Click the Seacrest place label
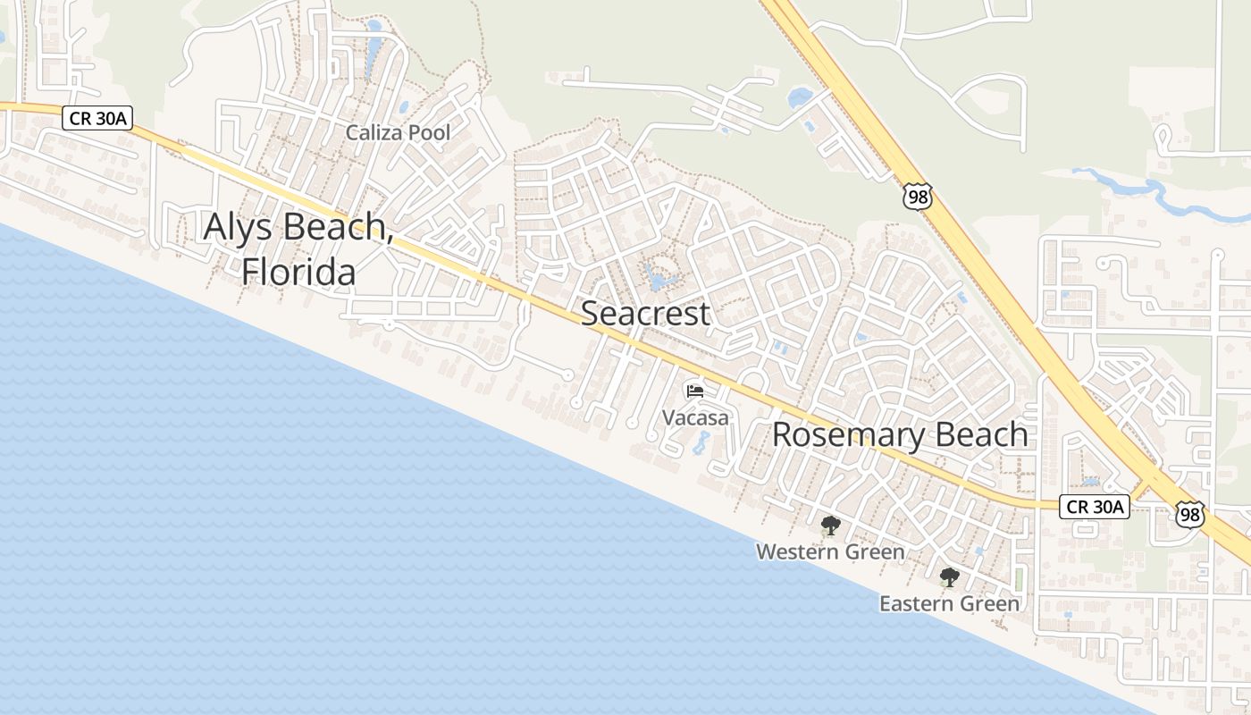click(x=645, y=314)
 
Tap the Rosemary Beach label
click(x=900, y=435)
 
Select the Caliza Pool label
click(x=398, y=133)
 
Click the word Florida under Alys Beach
click(x=298, y=272)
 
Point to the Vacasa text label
click(x=695, y=417)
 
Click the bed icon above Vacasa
click(x=694, y=391)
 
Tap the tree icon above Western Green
click(x=830, y=526)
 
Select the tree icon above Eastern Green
click(x=949, y=577)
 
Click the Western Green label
click(x=830, y=552)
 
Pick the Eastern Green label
click(x=949, y=604)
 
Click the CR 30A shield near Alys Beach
click(x=98, y=118)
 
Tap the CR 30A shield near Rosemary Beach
click(x=1095, y=507)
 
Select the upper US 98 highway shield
click(x=917, y=196)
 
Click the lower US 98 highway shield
click(x=1189, y=514)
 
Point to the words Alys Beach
click(x=298, y=228)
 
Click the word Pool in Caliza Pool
click(x=425, y=133)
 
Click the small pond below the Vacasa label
click(x=701, y=444)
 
